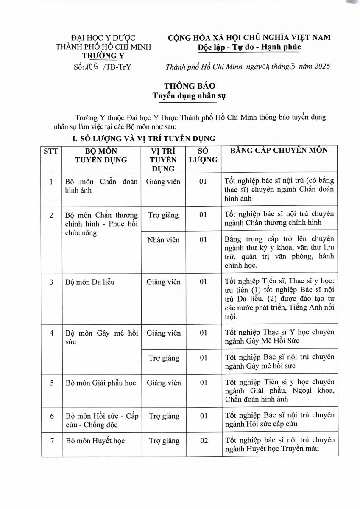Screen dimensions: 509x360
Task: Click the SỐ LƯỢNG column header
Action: click(203, 155)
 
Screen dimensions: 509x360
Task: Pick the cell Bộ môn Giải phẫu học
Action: click(101, 383)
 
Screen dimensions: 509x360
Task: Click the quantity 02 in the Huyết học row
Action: click(204, 441)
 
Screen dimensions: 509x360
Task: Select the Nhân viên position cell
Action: click(163, 240)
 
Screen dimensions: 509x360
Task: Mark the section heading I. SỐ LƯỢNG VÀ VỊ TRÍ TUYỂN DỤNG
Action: click(144, 138)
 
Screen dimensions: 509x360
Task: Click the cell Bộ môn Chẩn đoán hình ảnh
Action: click(102, 186)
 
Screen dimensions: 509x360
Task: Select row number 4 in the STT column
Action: click(51, 333)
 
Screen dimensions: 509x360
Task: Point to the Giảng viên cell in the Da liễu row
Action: click(163, 282)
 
